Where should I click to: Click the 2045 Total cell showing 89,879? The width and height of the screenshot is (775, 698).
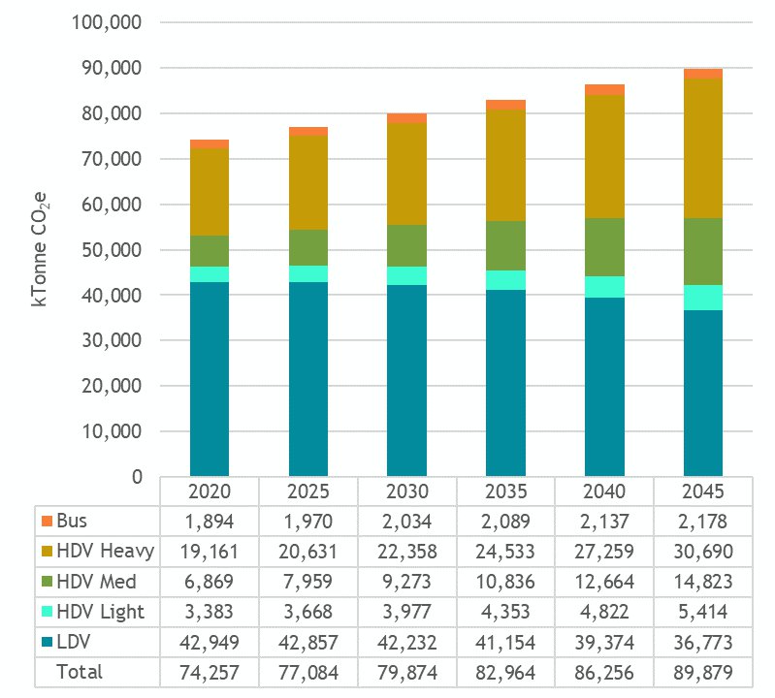[x=702, y=672]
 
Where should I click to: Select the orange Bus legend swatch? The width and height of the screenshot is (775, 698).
[x=47, y=521]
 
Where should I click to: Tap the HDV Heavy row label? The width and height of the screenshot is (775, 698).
[x=106, y=551]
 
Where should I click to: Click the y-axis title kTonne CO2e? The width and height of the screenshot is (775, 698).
[x=41, y=249]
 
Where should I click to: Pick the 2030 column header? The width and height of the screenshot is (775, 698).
[x=406, y=490]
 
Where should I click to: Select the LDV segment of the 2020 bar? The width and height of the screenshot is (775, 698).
[x=210, y=378]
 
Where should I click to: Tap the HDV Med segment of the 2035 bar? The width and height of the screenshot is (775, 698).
[x=505, y=245]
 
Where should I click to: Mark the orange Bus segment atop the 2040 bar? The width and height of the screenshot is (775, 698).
[x=604, y=89]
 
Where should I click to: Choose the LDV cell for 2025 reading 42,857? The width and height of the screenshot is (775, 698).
[x=307, y=642]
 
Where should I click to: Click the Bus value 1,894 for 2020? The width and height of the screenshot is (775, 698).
[x=210, y=521]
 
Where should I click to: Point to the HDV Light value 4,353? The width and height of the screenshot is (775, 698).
[x=505, y=612]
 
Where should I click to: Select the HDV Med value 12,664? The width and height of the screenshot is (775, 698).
[x=604, y=581]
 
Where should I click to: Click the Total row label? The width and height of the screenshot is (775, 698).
[x=79, y=672]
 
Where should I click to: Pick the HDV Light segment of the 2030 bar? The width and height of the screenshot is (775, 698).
[x=406, y=275]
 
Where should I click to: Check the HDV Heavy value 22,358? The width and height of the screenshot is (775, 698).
[x=406, y=551]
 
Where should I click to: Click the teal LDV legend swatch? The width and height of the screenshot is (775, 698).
[x=47, y=642]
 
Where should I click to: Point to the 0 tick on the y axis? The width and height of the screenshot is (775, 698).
[x=136, y=477]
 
